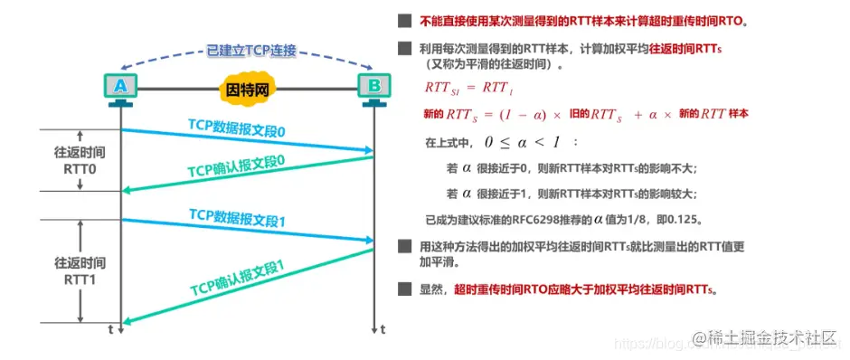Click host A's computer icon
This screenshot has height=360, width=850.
point(121,88)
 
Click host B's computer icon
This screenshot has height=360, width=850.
point(373,88)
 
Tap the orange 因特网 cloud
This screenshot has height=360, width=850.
point(247,90)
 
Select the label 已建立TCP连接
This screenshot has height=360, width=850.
point(250,51)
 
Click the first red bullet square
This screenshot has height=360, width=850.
point(402,21)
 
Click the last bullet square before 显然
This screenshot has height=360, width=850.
point(402,290)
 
